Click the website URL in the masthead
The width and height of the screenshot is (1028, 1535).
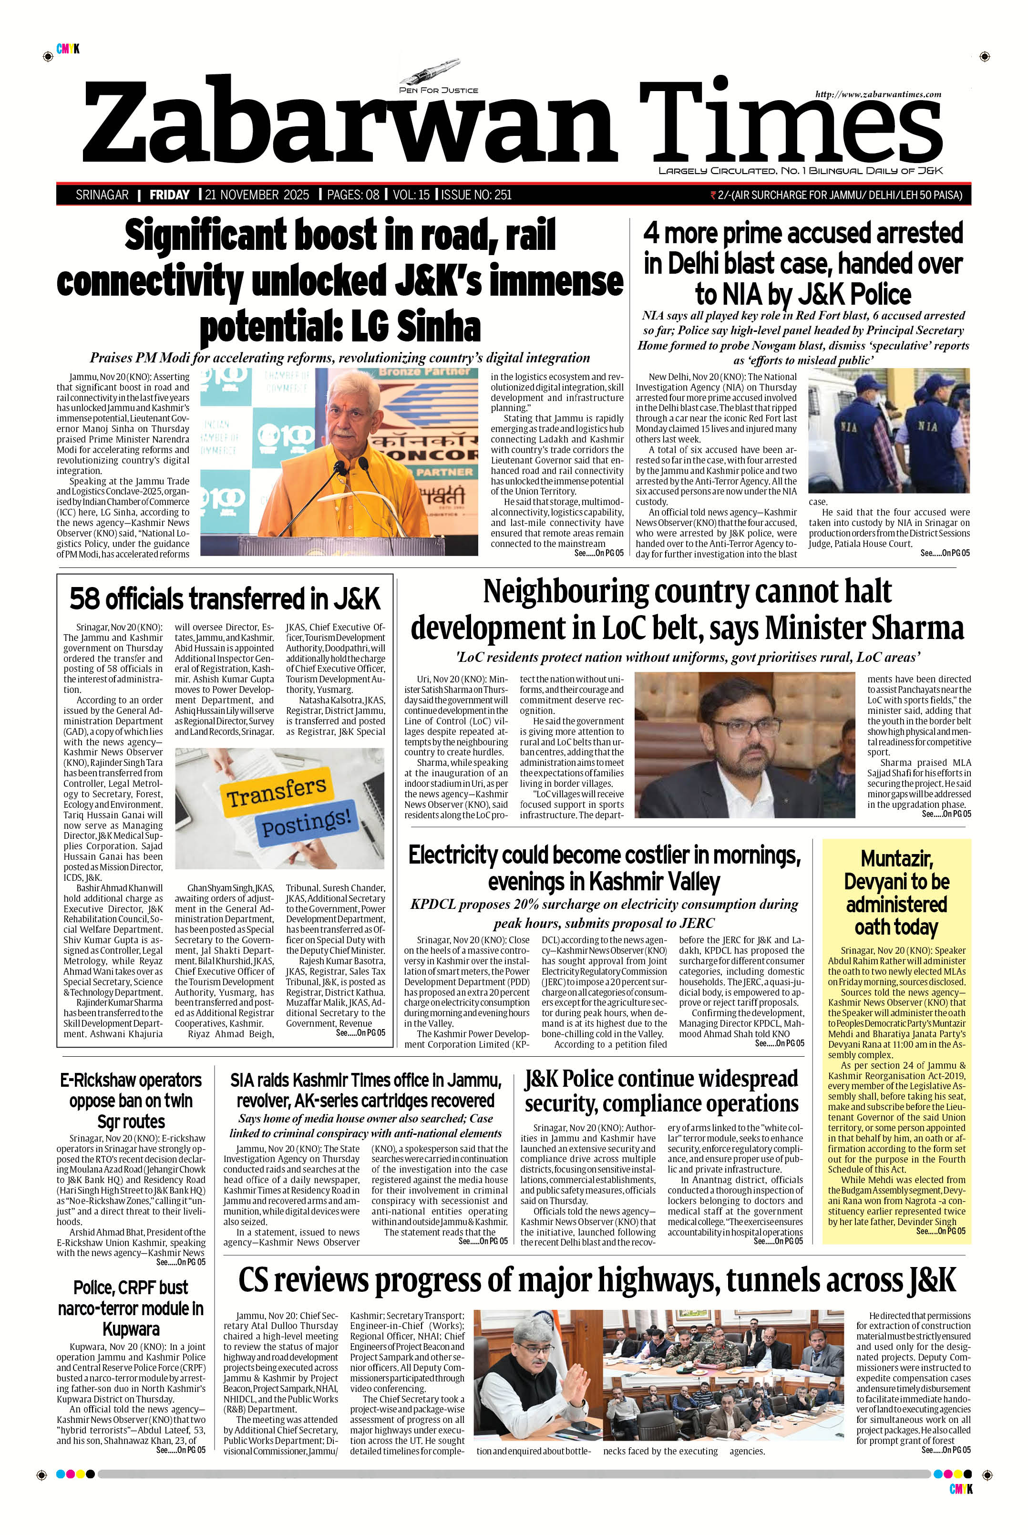click(878, 94)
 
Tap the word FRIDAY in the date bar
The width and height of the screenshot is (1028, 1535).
click(169, 195)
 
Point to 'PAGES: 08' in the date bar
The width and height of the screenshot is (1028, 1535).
click(353, 195)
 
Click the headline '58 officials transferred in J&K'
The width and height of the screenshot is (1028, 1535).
click(225, 598)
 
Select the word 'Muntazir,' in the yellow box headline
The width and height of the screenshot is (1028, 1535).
click(895, 858)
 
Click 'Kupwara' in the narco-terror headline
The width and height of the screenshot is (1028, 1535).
click(131, 1329)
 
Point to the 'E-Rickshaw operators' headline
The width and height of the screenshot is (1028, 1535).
click(131, 1080)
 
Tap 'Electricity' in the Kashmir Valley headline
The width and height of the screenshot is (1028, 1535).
click(462, 855)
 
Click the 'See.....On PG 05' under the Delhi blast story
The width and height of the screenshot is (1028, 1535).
click(945, 553)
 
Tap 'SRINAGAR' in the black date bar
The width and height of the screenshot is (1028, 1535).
click(102, 195)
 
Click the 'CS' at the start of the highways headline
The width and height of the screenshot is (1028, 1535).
click(256, 1280)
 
